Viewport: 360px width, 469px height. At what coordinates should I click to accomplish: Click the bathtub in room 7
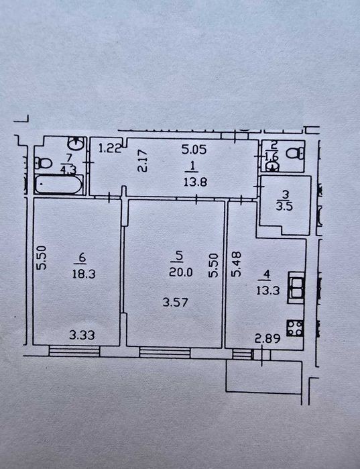pos(58,185)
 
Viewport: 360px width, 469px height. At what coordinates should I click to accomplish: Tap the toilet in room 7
pos(43,163)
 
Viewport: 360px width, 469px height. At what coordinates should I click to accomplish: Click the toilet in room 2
pos(295,153)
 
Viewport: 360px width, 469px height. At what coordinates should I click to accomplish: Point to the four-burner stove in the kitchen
pos(295,328)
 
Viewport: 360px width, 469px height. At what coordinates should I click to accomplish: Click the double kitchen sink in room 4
pos(296,287)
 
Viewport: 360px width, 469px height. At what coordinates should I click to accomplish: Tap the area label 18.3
pos(84,274)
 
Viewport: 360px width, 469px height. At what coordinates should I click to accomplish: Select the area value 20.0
pos(181,272)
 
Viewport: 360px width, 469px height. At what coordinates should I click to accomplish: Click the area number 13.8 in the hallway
pos(195,182)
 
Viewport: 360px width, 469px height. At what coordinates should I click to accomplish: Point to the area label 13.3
pos(268,290)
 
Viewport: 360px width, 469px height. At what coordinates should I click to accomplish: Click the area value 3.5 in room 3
pos(284,207)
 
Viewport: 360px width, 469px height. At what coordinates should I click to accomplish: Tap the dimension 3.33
pos(82,335)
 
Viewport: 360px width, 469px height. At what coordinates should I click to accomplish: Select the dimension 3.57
pos(176,302)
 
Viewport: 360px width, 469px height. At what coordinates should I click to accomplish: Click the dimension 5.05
pos(194,149)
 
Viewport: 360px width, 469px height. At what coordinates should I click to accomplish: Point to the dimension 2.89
pos(267,339)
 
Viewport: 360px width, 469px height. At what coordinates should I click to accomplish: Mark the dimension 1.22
pos(110,148)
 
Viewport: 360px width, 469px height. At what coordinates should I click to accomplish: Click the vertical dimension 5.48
pos(237,264)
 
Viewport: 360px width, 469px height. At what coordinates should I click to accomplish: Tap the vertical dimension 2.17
pos(143,160)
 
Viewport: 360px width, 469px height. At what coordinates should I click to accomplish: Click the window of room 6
pos(74,350)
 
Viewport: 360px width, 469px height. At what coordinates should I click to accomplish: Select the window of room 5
pos(165,352)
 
